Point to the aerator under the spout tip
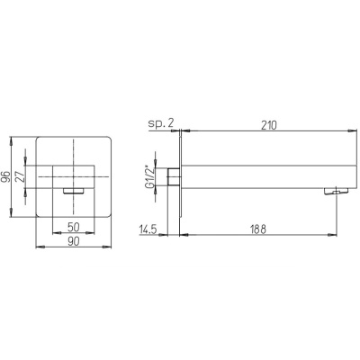[x=337, y=190]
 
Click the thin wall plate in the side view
[x=182, y=178]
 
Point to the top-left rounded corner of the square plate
[x=40, y=139]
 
